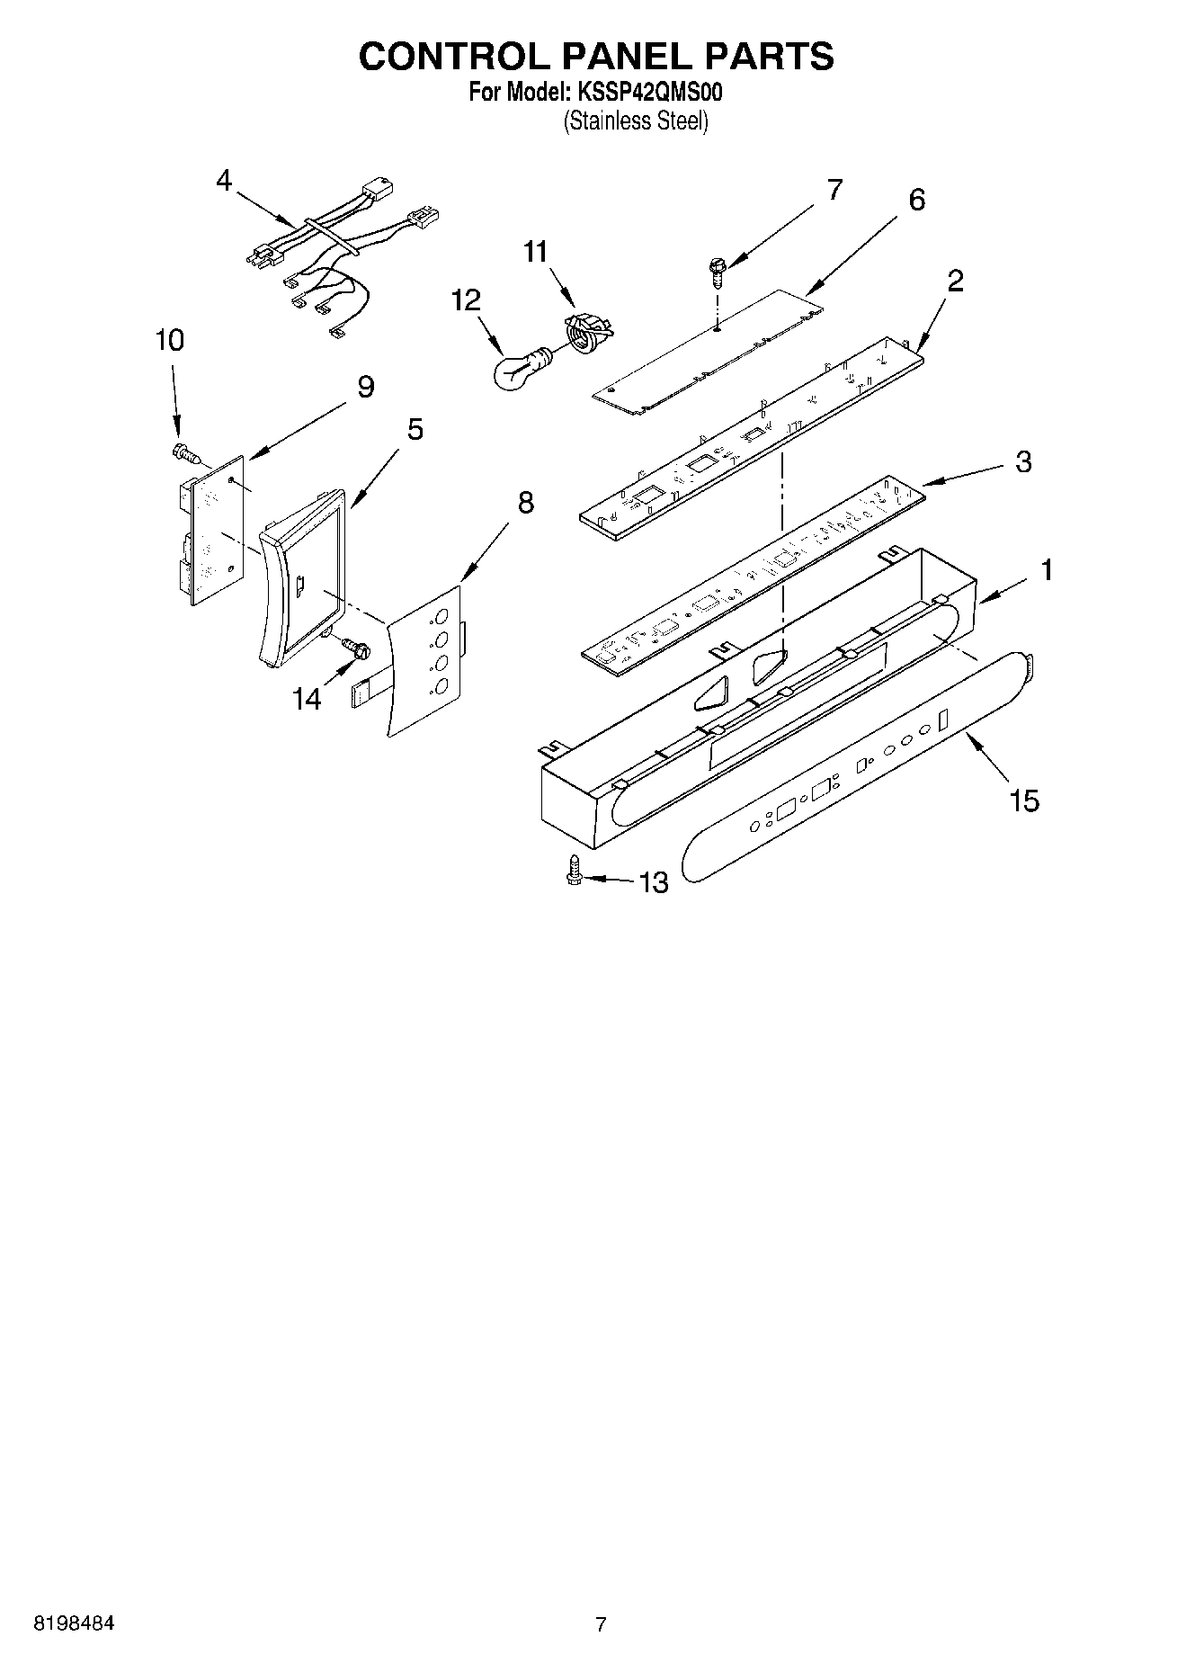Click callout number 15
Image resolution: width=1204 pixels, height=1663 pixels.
(1024, 800)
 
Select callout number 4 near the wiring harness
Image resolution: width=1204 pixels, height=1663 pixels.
(224, 181)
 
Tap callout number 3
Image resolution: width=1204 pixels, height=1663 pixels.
(1023, 462)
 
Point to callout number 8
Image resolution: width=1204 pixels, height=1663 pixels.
(525, 503)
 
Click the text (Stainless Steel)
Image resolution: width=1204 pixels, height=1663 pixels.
(636, 121)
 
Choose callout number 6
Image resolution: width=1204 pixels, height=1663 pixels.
(916, 200)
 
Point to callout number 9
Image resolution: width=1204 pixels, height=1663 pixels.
(365, 387)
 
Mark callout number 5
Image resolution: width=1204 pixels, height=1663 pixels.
(415, 429)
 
